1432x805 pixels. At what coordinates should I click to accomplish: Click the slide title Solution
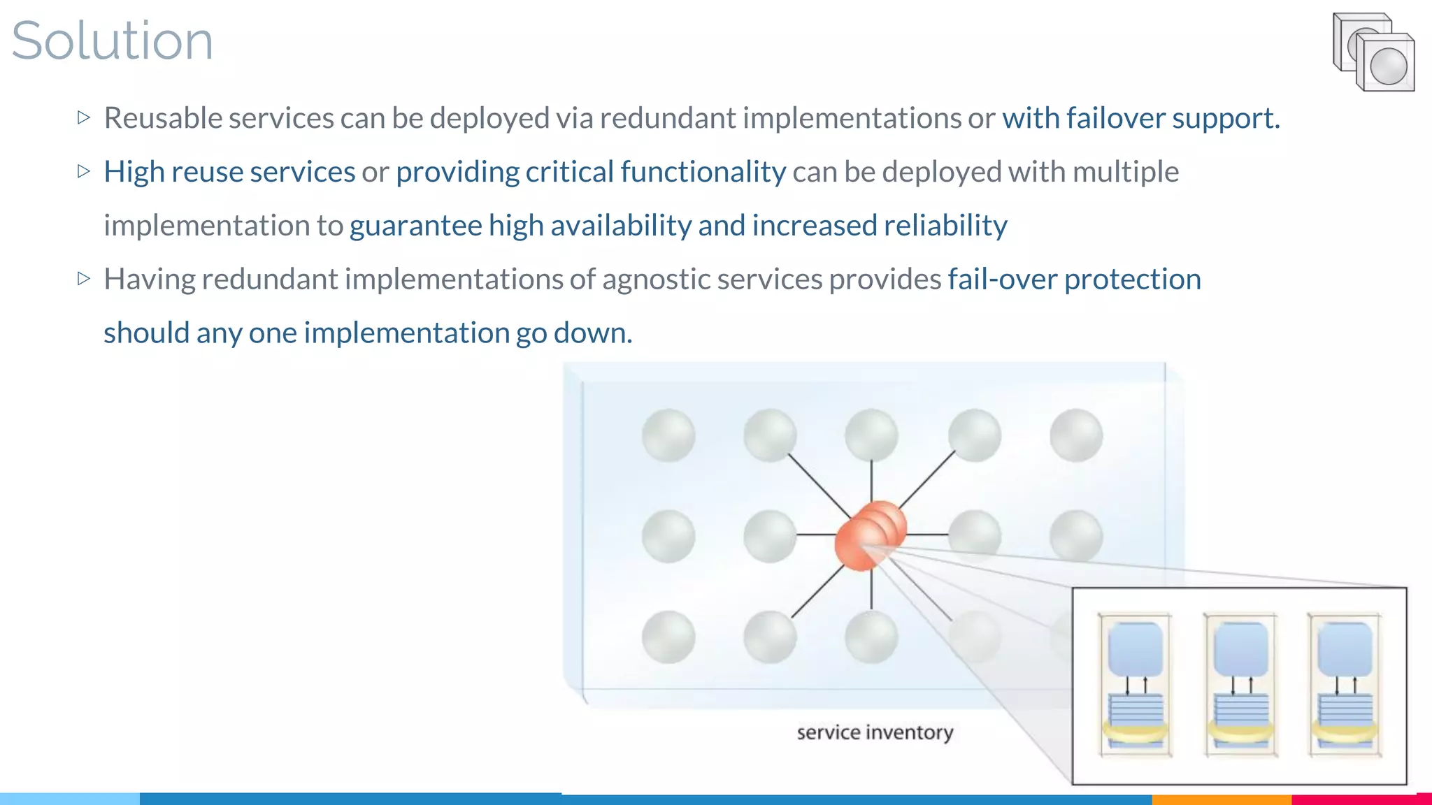click(112, 41)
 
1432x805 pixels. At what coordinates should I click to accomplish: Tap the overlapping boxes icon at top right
click(1373, 52)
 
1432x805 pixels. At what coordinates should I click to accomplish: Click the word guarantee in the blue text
click(415, 226)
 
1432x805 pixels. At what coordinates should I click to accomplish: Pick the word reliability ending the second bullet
click(945, 226)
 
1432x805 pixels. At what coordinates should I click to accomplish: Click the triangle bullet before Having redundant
click(84, 279)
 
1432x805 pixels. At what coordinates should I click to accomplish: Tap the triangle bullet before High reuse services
click(84, 171)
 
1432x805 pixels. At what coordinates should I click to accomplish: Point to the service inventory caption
click(875, 732)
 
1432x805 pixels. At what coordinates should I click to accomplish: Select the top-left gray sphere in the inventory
click(668, 435)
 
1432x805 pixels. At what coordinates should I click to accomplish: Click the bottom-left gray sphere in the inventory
click(668, 637)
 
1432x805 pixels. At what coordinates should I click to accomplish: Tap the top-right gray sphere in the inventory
click(1076, 435)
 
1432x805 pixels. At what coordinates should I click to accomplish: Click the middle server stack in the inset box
click(1240, 685)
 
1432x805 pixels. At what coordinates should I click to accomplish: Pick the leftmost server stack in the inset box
click(1135, 685)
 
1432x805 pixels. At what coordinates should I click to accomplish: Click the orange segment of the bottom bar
click(1221, 799)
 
